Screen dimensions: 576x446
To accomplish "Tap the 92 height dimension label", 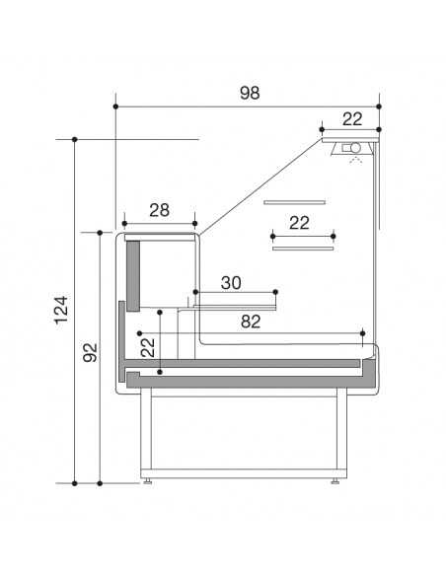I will point(89,352).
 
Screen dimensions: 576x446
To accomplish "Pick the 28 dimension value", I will point(159,209).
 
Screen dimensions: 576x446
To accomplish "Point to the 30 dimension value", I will point(231,283).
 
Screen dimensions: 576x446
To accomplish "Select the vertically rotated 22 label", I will point(148,347).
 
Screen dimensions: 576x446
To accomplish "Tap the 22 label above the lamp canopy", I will point(352,118).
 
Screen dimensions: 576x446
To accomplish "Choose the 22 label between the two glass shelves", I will point(300,223).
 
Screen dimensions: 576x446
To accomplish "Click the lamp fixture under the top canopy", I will point(351,148).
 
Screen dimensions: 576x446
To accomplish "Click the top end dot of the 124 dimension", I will point(76,140).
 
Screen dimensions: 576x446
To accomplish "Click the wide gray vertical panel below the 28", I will point(133,273).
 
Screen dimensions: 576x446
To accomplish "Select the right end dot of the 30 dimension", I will point(277,292).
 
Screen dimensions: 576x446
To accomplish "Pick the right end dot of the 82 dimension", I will point(364,332).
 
